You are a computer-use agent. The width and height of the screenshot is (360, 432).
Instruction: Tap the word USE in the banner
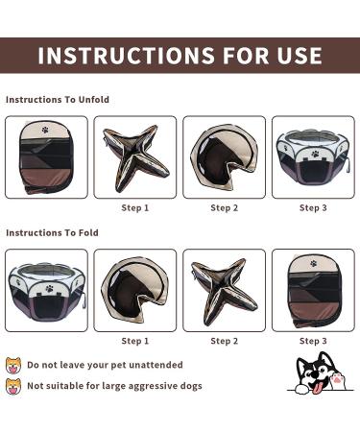[300, 56]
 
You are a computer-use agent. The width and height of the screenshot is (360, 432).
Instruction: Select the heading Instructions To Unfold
[58, 100]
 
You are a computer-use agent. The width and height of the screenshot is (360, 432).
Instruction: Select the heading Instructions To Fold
[52, 232]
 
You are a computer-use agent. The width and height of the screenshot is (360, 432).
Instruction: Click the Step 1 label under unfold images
[135, 208]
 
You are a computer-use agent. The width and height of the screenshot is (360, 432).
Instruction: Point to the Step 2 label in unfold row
[225, 208]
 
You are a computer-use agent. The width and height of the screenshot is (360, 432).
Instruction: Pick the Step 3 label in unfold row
[313, 208]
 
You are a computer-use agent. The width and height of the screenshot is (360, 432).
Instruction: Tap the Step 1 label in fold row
[135, 341]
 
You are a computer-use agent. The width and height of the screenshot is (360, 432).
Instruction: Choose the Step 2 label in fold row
[225, 341]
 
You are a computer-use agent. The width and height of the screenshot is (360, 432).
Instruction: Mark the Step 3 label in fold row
[313, 341]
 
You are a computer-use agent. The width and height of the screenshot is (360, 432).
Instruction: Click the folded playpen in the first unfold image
[46, 157]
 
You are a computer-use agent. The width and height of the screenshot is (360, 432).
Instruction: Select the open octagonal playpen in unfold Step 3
[314, 157]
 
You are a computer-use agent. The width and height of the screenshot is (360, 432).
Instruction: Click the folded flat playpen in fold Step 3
[314, 291]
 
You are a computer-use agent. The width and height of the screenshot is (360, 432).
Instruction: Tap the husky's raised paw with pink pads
[337, 380]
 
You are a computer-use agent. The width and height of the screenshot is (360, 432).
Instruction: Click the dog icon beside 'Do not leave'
[13, 366]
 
